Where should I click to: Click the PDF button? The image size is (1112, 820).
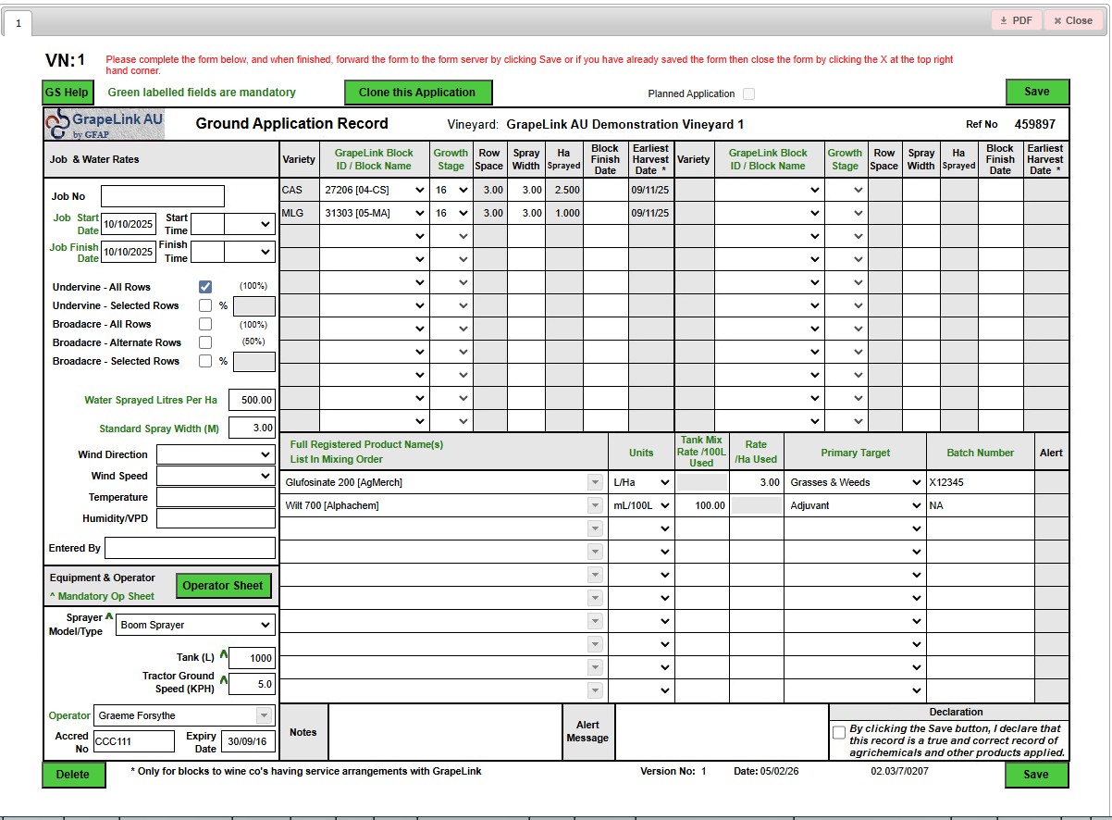(1016, 20)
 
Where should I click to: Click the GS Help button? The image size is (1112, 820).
(68, 93)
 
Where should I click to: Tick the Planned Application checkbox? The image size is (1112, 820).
(748, 93)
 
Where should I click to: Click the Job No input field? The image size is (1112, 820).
(163, 196)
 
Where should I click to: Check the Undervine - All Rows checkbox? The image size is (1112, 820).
(205, 287)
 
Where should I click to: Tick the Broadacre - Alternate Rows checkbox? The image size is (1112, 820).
(205, 342)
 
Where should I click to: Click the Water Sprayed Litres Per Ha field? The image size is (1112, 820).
(252, 401)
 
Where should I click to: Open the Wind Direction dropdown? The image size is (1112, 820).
(216, 454)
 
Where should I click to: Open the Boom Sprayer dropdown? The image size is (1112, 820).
(196, 625)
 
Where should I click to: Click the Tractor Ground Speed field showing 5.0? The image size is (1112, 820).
(252, 685)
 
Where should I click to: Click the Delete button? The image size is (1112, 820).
(73, 775)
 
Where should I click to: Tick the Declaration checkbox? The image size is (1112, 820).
(839, 732)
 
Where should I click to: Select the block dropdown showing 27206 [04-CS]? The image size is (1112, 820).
(374, 190)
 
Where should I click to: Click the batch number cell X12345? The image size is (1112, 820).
(980, 482)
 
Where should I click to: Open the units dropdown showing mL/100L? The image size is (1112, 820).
(641, 505)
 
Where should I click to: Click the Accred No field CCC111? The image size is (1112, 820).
(133, 741)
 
